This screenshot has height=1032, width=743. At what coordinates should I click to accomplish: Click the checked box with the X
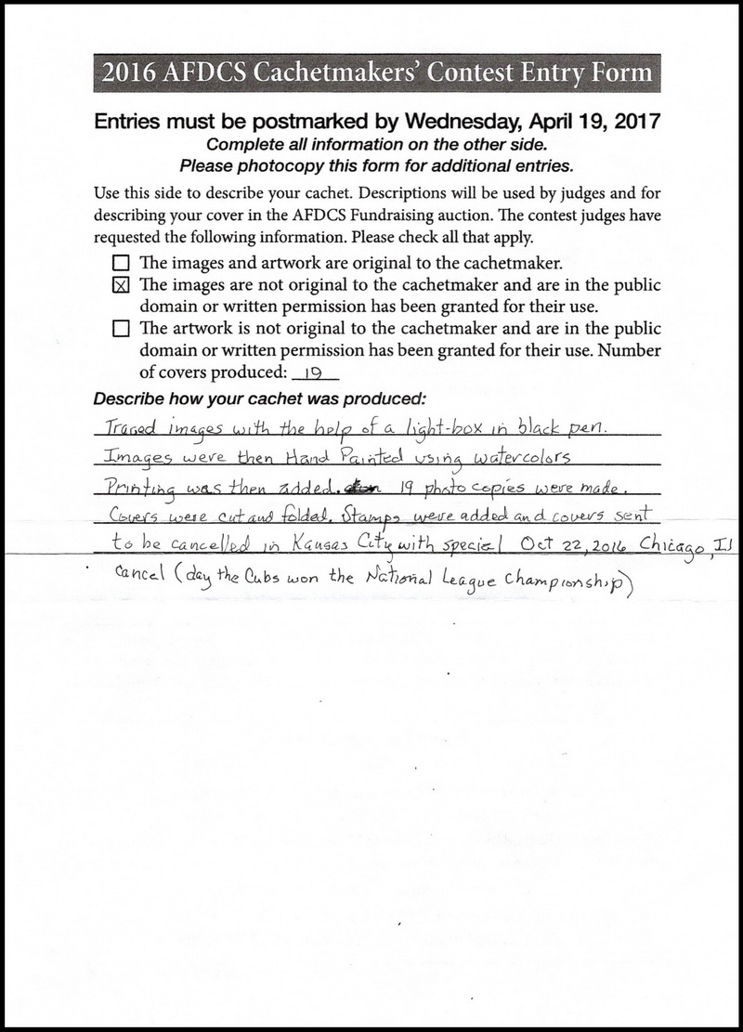click(120, 285)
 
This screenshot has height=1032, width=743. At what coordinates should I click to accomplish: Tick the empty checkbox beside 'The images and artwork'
click(120, 264)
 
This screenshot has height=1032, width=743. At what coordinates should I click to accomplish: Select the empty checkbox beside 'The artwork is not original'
click(120, 328)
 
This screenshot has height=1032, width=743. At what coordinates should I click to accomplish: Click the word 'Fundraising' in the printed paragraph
click(403, 218)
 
